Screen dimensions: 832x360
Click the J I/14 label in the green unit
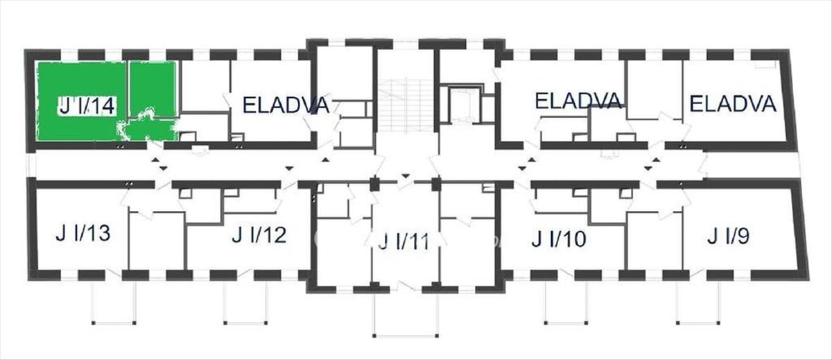(87, 106)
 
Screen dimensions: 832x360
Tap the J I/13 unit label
(83, 233)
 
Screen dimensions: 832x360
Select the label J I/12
(259, 235)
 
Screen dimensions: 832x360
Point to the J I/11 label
(404, 241)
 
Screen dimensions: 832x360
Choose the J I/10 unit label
(559, 239)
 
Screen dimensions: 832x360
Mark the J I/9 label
(728, 236)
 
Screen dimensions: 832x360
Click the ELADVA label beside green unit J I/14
(286, 105)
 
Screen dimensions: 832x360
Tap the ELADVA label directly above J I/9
(733, 104)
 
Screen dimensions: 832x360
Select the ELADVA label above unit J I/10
(578, 101)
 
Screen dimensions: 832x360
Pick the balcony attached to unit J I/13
(114, 303)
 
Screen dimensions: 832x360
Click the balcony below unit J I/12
(246, 303)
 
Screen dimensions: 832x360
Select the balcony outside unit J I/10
(566, 303)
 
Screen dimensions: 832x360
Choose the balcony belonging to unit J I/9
(699, 303)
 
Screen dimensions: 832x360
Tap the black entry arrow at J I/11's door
(406, 175)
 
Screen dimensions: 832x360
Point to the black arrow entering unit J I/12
(289, 169)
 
